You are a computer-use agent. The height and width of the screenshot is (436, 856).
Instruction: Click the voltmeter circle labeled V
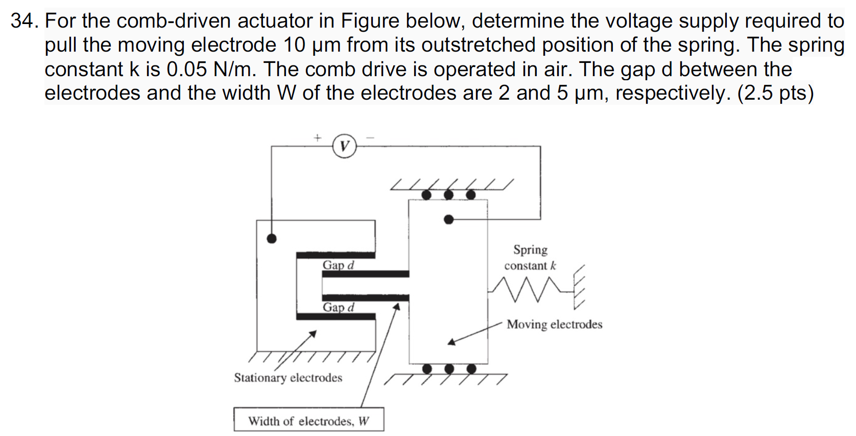click(344, 146)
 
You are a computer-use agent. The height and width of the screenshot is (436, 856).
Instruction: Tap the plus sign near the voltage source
click(317, 137)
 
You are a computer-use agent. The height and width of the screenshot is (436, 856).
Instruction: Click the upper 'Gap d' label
click(338, 265)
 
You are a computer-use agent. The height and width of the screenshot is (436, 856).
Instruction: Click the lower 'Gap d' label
click(338, 307)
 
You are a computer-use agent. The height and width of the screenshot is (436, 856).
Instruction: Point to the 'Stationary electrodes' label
click(288, 378)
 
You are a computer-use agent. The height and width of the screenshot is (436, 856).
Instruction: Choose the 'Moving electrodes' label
click(554, 325)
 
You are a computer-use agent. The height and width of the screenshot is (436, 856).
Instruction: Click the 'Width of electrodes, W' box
click(308, 420)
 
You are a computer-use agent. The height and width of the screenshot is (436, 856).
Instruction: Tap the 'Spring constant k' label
click(530, 258)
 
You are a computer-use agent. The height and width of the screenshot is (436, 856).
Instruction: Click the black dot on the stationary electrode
click(272, 238)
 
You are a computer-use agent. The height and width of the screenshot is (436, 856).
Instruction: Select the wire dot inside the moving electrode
click(448, 219)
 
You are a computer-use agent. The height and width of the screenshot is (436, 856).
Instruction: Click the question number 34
click(24, 21)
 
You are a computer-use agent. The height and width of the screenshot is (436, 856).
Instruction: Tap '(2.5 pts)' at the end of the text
click(775, 93)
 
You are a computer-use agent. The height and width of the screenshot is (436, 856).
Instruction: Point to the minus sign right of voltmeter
click(370, 137)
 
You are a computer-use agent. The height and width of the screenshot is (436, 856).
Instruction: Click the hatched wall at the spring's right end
click(579, 287)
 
